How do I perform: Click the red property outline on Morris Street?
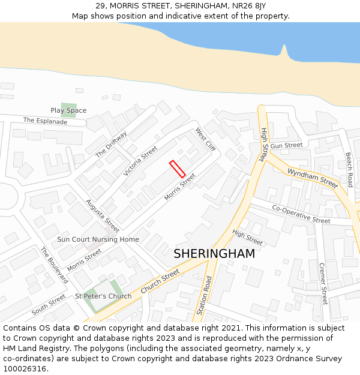pyautogui.click(x=177, y=169)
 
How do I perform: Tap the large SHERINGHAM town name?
pyautogui.click(x=214, y=254)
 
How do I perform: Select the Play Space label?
pyautogui.click(x=68, y=110)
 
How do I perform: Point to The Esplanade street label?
pyautogui.click(x=46, y=121)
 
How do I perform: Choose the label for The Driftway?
pyautogui.click(x=112, y=144)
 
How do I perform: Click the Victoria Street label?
pyautogui.click(x=140, y=161)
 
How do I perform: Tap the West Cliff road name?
pyautogui.click(x=205, y=139)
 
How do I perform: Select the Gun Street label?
pyautogui.click(x=286, y=145)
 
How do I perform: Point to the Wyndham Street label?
pyautogui.click(x=313, y=178)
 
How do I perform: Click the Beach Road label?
pyautogui.click(x=349, y=169)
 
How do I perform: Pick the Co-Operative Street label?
pyautogui.click(x=301, y=214)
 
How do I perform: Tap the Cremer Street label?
pyautogui.click(x=323, y=283)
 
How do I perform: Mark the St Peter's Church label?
pyautogui.click(x=103, y=296)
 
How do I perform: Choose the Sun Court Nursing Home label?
pyautogui.click(x=98, y=239)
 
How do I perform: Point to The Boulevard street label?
pyautogui.click(x=54, y=265)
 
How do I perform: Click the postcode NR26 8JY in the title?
pyautogui.click(x=248, y=5)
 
